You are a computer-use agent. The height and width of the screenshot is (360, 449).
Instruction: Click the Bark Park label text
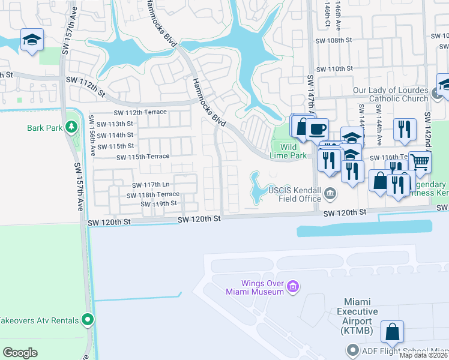45,128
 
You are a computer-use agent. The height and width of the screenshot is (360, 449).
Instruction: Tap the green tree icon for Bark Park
72,127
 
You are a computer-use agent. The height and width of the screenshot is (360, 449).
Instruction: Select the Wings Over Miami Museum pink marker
293,287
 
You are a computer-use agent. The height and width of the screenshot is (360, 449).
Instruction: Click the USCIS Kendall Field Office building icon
330,194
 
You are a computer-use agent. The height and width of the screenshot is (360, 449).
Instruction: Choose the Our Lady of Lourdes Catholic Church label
390,95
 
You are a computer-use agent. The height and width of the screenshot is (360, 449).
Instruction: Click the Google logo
20,353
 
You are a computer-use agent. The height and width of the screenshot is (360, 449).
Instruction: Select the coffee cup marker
317,128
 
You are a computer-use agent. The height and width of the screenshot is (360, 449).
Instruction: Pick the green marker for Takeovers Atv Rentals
88,320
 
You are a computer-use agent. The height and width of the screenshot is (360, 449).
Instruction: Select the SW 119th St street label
158,204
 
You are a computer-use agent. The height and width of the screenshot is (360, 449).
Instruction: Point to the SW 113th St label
115,124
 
